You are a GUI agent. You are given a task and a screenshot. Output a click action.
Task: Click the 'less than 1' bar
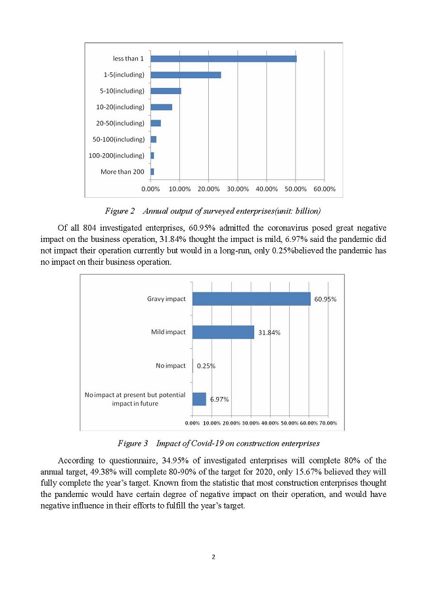(x=223, y=58)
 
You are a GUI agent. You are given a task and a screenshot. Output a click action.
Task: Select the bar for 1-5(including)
(x=186, y=75)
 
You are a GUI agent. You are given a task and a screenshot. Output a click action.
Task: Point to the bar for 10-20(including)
(x=162, y=107)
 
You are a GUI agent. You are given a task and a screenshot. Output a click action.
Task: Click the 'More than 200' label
(x=122, y=172)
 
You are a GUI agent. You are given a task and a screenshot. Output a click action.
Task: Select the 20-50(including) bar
(x=156, y=123)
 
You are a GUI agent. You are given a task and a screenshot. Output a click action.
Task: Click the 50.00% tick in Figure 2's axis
(x=295, y=189)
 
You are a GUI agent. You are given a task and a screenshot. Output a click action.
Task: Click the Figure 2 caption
(x=213, y=211)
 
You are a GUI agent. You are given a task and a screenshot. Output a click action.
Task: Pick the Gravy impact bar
(x=251, y=298)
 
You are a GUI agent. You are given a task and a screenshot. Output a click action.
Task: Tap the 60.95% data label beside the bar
(x=326, y=299)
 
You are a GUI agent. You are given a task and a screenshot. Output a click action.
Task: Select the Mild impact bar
(x=223, y=332)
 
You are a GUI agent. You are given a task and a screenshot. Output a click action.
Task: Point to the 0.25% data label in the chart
(x=208, y=365)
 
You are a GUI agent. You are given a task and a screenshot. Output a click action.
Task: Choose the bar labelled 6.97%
(x=199, y=399)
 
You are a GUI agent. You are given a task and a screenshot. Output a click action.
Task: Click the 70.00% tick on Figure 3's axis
(x=328, y=423)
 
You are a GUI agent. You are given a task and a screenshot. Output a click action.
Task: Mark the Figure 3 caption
(x=213, y=443)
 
